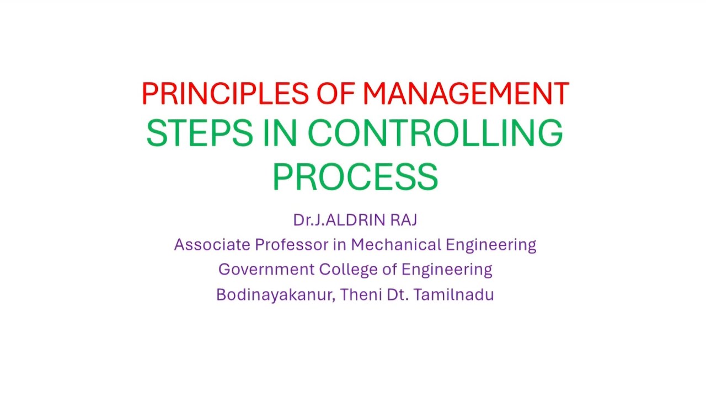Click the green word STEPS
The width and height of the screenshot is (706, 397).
[200, 134]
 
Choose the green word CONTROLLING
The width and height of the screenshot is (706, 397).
[435, 134]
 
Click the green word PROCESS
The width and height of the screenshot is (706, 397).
[355, 176]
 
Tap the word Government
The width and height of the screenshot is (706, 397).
[266, 270]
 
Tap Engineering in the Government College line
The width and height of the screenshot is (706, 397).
[447, 270]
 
